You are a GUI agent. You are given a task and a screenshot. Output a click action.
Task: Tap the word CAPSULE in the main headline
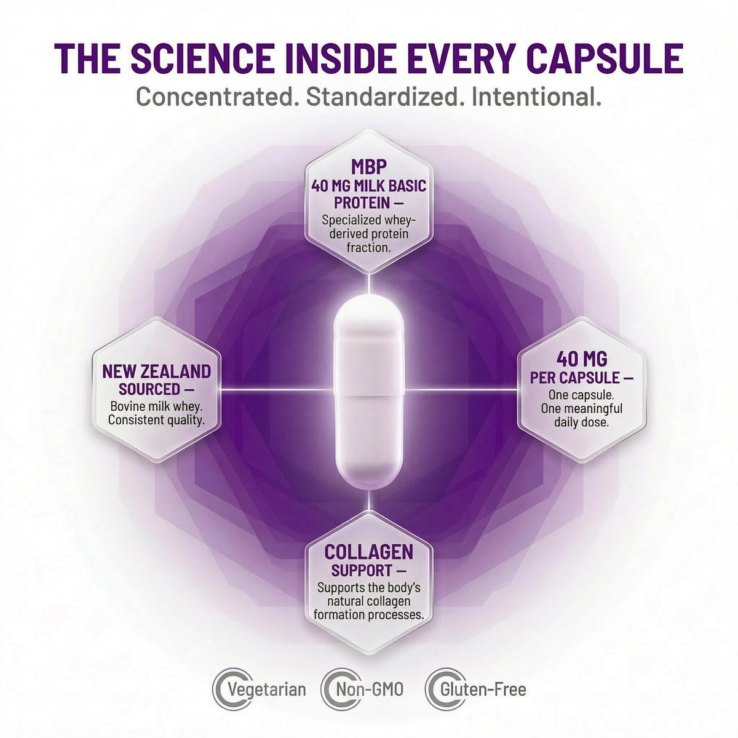(x=605, y=58)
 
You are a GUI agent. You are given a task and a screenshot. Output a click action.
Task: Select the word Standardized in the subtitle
(x=383, y=97)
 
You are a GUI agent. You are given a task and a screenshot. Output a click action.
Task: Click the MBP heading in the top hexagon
(x=369, y=167)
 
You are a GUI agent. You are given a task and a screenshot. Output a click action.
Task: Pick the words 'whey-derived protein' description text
(x=369, y=227)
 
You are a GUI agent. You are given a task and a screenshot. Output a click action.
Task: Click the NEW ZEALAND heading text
(x=157, y=371)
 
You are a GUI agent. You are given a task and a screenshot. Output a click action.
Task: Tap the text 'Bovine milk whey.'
(x=156, y=406)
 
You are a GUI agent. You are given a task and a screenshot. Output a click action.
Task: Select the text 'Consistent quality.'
(x=156, y=420)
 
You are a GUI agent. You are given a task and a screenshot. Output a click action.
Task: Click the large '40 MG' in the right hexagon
(x=582, y=359)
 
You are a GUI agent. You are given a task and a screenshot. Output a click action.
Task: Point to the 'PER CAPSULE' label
(x=575, y=378)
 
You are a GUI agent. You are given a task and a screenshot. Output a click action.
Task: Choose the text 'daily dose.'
(x=581, y=423)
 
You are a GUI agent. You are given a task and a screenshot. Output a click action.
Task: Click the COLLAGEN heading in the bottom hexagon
(x=369, y=552)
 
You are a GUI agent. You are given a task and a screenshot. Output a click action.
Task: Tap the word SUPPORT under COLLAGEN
(x=361, y=571)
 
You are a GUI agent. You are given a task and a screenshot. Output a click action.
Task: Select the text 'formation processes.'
(x=369, y=614)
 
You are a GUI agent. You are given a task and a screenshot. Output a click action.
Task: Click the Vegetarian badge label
(x=266, y=690)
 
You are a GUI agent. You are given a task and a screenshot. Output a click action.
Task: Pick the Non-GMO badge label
(x=370, y=689)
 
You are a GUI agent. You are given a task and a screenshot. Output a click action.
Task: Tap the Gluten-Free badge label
(x=483, y=689)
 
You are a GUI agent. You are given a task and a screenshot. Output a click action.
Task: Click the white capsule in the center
(x=369, y=391)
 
